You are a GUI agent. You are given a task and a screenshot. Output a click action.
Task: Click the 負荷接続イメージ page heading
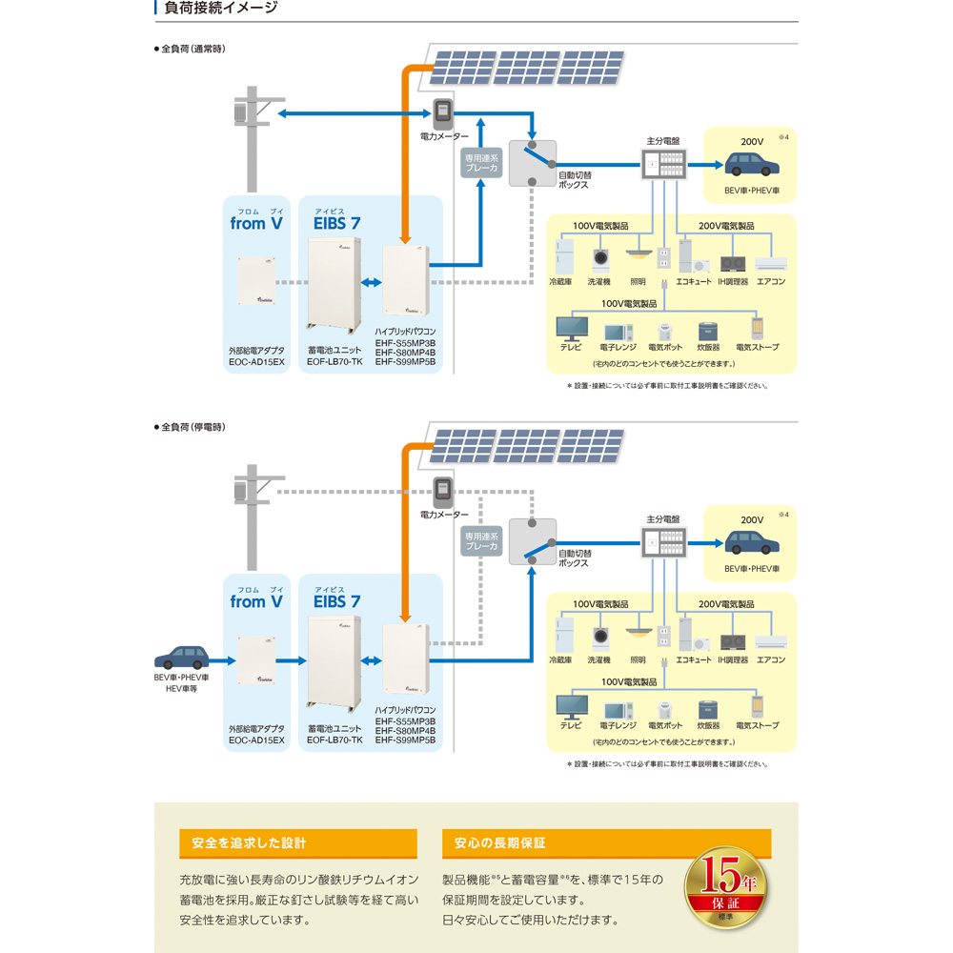coord(221,9)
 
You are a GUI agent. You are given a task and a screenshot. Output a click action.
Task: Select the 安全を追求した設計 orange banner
coord(297,843)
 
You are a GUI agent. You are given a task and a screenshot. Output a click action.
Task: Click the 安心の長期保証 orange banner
coord(606,843)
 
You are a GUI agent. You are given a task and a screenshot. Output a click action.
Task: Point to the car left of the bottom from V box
coord(182,658)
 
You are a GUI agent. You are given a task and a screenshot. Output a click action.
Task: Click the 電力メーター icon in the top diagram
coord(442,113)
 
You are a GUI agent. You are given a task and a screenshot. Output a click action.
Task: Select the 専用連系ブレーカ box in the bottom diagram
coord(481,541)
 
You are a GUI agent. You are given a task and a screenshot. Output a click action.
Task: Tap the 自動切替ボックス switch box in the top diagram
coord(532,163)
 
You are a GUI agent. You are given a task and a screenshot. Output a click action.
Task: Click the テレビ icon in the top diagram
coord(574,327)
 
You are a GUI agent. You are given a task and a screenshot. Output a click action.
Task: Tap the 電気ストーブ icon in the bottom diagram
coord(758,706)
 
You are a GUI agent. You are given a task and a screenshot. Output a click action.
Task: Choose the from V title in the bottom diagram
coord(256,602)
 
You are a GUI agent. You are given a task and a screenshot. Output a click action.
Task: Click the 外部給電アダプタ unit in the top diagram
coord(256,279)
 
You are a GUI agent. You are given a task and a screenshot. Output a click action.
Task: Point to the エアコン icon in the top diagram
coord(770,263)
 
